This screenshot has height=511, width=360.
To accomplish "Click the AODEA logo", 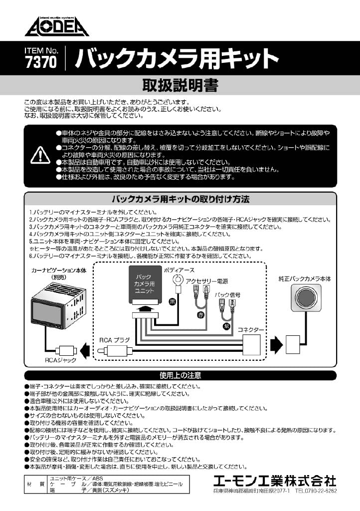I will [x=56, y=25].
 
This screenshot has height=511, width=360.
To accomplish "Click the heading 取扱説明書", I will [x=180, y=86].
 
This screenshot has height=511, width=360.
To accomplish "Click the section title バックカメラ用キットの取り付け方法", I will [x=180, y=199].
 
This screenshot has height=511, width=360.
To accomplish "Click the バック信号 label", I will [x=227, y=295].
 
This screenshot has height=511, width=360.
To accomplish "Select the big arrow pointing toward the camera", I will [x=275, y=344].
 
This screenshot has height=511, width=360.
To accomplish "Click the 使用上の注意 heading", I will [x=180, y=375].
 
